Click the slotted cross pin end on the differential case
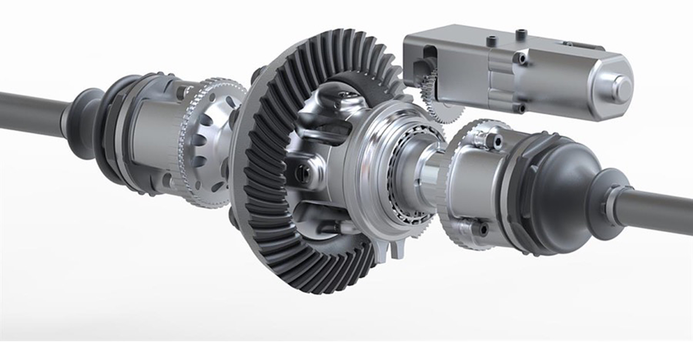[301, 171]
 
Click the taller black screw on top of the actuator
[521, 34]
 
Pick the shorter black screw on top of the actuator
[490, 41]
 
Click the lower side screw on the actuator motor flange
[521, 108]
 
